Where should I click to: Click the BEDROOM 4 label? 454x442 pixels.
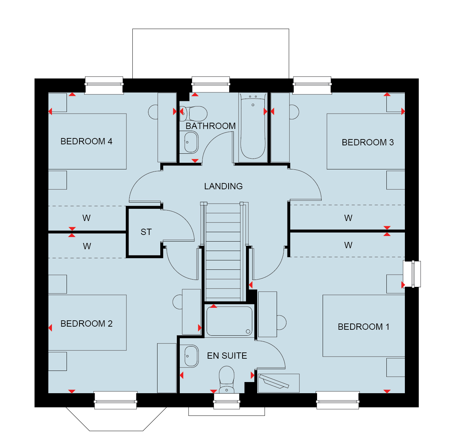pos(86,141)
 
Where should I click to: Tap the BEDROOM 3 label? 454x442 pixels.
pos(368,142)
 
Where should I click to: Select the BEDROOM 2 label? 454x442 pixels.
pos(86,323)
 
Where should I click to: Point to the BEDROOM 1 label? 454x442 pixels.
pos(363,327)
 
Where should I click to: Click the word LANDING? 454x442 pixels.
pos(223,186)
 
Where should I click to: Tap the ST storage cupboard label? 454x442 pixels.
pos(146,232)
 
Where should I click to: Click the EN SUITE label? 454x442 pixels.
pos(227,356)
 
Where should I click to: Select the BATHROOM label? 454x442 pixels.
pos(210,126)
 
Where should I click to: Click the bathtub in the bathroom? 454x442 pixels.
pos(253,127)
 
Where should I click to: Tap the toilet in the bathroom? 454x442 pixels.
pos(193,114)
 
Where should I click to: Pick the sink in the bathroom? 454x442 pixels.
pos(189,142)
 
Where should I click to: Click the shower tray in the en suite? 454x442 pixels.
pos(229,321)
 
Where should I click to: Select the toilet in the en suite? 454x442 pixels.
pos(226,380)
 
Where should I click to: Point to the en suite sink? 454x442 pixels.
pos(189,356)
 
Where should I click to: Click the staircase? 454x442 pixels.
pos(223,252)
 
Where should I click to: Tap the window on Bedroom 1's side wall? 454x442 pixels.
pos(412,274)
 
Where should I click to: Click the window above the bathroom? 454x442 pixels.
pos(211,84)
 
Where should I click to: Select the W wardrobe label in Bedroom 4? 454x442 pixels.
pos(86,218)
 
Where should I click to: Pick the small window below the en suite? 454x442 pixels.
pos(226,401)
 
